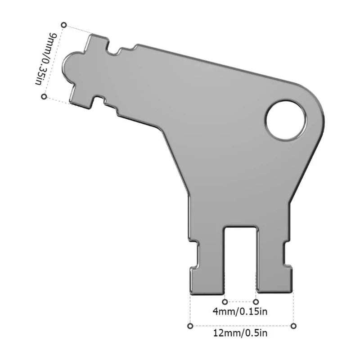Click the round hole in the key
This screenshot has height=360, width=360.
286,120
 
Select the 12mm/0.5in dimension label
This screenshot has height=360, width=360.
241,333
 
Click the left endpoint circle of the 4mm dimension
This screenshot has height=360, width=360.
225,301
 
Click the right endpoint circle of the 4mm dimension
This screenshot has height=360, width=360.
256,301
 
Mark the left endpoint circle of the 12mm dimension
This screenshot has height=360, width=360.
190,325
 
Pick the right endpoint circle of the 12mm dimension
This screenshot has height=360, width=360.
293,325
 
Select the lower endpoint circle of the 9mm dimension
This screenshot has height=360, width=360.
44,96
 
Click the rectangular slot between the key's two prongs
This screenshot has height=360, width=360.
241,256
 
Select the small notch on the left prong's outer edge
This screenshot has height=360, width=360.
193,255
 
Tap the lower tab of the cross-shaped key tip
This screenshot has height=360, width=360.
84,99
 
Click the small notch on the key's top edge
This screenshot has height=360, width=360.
118,51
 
